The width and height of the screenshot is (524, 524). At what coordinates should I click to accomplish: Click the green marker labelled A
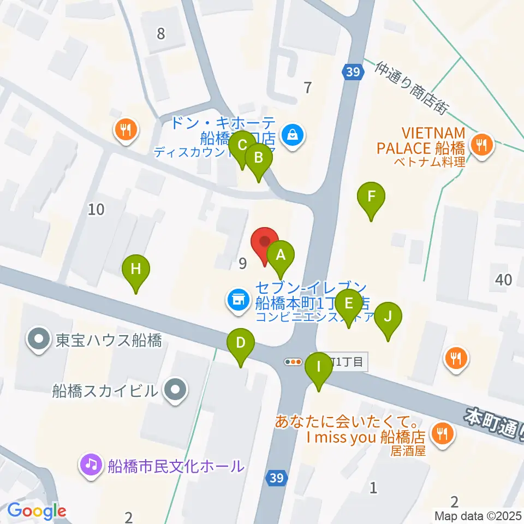pyautogui.click(x=281, y=255)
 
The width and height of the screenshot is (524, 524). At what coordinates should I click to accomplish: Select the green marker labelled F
pyautogui.click(x=371, y=196)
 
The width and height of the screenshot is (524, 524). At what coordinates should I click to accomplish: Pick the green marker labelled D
pyautogui.click(x=240, y=343)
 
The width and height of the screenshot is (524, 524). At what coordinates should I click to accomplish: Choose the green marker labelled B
pyautogui.click(x=259, y=159)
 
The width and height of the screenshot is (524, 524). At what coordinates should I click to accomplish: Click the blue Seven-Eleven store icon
pyautogui.click(x=237, y=300)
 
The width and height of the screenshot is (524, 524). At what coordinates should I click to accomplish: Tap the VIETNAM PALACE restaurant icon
pyautogui.click(x=481, y=145)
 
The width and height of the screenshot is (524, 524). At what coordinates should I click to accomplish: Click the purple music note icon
pyautogui.click(x=90, y=465)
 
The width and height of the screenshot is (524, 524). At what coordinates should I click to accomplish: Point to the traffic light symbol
pyautogui.click(x=294, y=361)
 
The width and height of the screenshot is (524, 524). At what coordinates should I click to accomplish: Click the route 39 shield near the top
pyautogui.click(x=353, y=72)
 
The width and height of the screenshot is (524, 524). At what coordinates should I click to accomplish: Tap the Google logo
pyautogui.click(x=37, y=511)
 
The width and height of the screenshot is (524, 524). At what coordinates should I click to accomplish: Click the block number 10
pyautogui.click(x=96, y=209)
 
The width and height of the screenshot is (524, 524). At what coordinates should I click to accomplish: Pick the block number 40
pyautogui.click(x=503, y=280)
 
